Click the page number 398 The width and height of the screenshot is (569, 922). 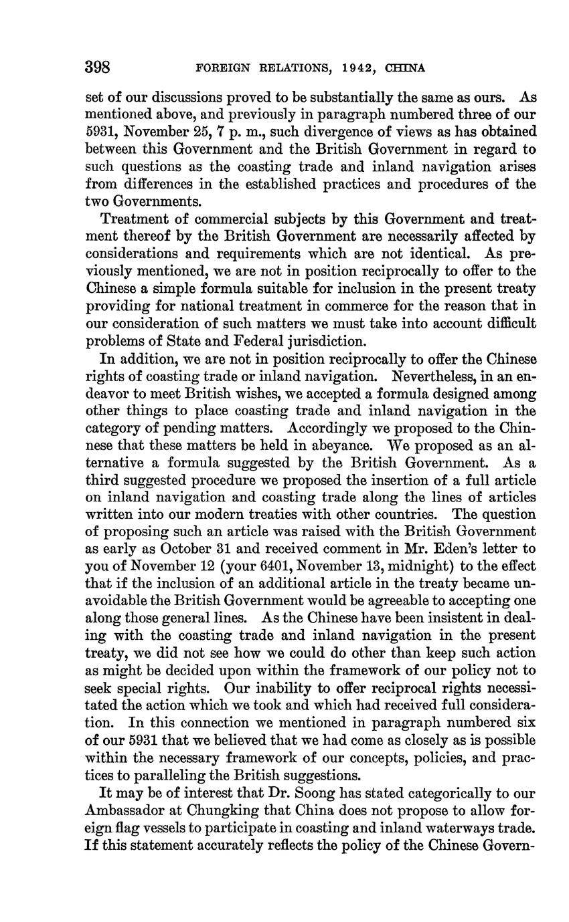(x=97, y=68)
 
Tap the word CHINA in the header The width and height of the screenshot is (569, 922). (x=406, y=68)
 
